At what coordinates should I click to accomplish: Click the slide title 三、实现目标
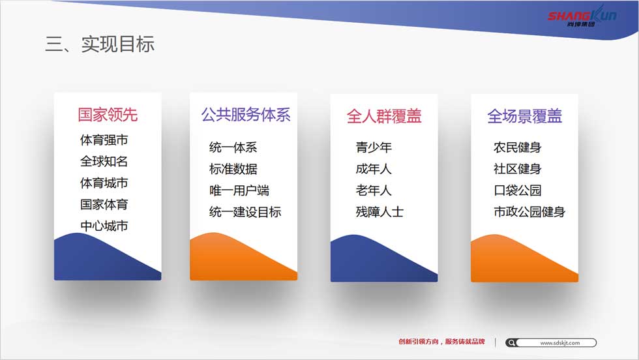pos(100,44)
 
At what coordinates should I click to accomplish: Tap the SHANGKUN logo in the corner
pos(582,16)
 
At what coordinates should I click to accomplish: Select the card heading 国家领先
pos(108,115)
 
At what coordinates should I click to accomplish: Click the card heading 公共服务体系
pos(246,115)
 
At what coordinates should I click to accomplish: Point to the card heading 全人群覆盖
pos(384,116)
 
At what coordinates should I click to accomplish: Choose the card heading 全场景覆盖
pos(524,116)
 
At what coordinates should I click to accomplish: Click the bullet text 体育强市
pos(104,140)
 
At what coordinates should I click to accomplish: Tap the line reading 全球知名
pos(104,161)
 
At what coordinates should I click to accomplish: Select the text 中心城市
pos(104,226)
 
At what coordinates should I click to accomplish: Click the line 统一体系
pos(233,147)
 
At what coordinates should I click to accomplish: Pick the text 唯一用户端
pos(239,190)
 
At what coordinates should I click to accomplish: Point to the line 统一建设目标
pos(245,211)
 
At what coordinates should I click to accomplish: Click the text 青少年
pos(374,147)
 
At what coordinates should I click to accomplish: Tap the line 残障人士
pos(379,211)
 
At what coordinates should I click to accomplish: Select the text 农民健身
pos(517,147)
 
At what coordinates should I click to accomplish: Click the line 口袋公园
pos(517,190)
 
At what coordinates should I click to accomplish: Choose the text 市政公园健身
pos(529,211)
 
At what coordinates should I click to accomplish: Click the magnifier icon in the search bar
pos(511,343)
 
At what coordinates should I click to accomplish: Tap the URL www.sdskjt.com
pos(560,343)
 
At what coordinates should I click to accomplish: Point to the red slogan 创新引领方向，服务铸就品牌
pos(442,342)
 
